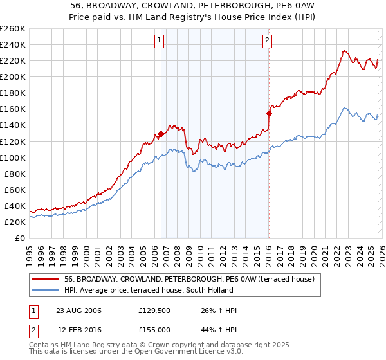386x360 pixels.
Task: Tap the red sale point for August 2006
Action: [x=161, y=134]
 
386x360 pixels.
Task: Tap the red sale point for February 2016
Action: [x=269, y=113]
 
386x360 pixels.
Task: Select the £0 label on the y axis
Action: [x=20, y=238]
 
